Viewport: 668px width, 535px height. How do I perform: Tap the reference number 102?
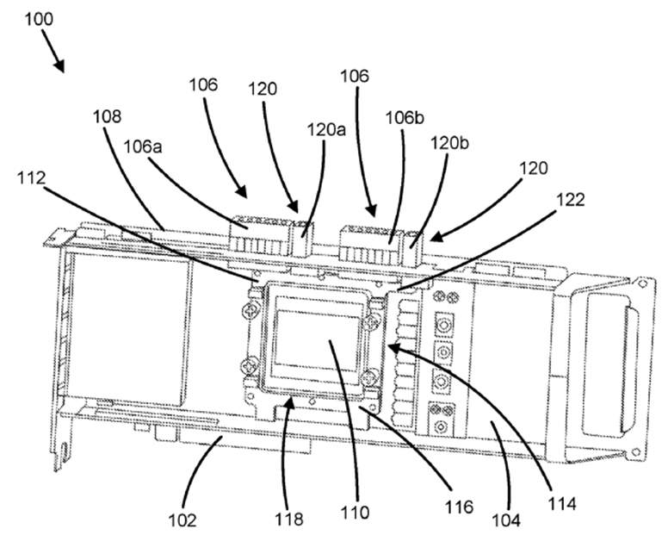pyautogui.click(x=182, y=520)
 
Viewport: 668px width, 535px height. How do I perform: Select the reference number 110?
pyautogui.click(x=354, y=513)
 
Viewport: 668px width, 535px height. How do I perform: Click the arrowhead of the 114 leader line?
pyautogui.click(x=389, y=345)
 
